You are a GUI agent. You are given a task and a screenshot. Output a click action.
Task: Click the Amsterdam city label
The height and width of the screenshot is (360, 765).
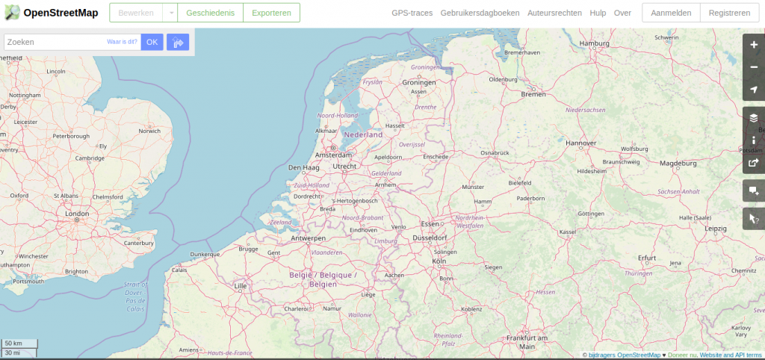coord(333,155)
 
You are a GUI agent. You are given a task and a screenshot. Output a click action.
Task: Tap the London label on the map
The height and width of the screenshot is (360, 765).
coord(78,214)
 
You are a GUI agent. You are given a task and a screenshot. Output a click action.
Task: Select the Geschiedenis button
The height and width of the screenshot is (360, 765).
coord(211,13)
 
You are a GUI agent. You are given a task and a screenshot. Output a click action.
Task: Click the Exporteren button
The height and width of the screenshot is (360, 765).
coord(271,13)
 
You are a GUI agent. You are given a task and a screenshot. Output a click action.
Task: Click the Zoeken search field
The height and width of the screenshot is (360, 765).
coord(54,42)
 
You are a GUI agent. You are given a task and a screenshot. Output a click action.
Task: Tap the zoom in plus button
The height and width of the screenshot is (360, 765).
coord(754,45)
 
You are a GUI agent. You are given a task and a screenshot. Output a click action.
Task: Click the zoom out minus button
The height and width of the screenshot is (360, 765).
coord(754,67)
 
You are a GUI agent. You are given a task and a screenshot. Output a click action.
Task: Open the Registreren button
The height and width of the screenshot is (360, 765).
coord(729,13)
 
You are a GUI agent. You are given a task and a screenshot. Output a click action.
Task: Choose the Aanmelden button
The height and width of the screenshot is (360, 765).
coord(671,13)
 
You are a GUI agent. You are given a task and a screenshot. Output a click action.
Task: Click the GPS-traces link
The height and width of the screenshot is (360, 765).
coord(412,13)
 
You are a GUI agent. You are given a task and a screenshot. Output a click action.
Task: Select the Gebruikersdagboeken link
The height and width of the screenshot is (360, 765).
coord(480,13)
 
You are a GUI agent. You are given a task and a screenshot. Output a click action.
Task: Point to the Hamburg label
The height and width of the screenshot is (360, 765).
coord(595,43)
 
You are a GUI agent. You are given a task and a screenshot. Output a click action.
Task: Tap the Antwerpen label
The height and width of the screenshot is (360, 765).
coord(309,238)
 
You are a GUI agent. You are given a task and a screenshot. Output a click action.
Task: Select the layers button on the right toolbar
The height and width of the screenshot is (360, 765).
coord(754,117)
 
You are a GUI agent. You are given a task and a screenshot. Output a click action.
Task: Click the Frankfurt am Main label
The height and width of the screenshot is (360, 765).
coord(527,342)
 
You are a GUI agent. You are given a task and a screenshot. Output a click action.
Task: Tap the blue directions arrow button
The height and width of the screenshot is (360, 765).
coord(178,43)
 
